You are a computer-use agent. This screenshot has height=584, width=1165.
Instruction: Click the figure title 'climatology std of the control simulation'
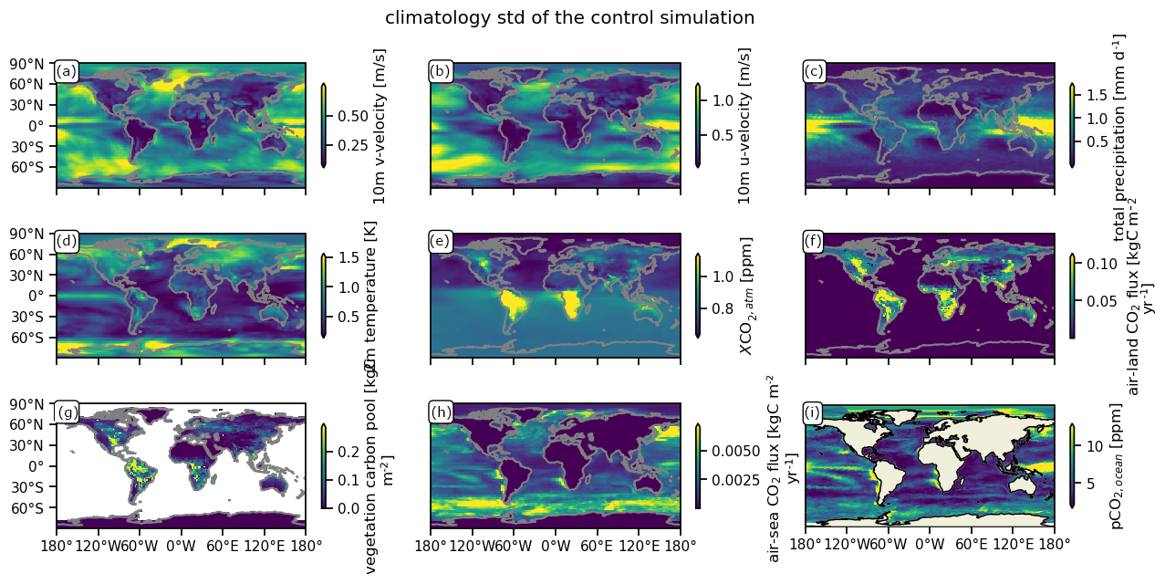click(x=569, y=17)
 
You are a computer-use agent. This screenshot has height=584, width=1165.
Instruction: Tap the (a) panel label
click(x=67, y=72)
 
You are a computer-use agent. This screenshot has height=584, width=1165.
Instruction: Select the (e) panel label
click(x=440, y=242)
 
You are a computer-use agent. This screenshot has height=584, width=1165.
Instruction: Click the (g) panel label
click(x=67, y=412)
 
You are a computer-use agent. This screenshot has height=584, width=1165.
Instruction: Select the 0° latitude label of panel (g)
click(x=42, y=466)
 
